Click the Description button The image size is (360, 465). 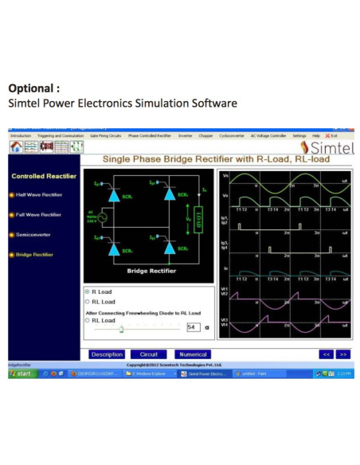(107, 354)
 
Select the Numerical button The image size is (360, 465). (193, 354)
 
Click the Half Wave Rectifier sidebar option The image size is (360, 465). (38, 194)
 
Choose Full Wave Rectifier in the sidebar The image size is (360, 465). (38, 214)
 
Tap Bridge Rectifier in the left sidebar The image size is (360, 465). (34, 255)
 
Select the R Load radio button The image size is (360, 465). (87, 292)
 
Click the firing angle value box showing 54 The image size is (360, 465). (192, 327)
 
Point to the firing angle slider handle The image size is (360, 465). (121, 328)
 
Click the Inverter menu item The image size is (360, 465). (186, 136)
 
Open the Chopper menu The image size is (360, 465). (205, 136)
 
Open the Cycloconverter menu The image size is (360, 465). (231, 136)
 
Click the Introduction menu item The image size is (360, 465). (20, 136)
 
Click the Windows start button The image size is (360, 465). (22, 373)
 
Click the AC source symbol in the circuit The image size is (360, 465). (102, 217)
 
